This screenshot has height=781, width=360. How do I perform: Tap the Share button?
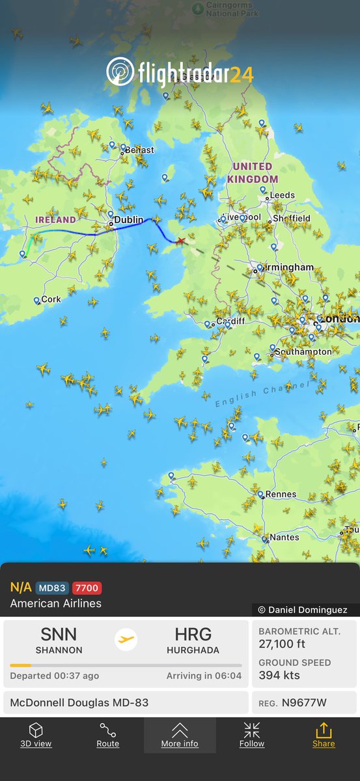(323, 735)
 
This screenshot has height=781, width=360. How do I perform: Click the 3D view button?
(36, 735)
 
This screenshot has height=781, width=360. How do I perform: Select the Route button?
(108, 735)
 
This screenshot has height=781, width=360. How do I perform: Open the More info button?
(180, 735)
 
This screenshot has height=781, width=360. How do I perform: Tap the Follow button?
(251, 735)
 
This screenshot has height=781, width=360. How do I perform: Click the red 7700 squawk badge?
(87, 588)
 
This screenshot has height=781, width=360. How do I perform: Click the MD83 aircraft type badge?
(52, 588)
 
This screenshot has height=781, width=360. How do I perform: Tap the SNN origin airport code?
(59, 634)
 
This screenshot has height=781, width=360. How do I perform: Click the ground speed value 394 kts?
(279, 675)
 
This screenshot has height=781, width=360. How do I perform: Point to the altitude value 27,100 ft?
(287, 644)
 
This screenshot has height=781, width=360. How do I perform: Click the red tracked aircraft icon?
(180, 241)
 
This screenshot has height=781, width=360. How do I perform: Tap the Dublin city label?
(128, 221)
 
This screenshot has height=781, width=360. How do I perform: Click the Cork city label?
(51, 300)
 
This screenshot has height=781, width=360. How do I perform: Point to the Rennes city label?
(281, 494)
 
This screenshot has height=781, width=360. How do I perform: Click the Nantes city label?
(284, 538)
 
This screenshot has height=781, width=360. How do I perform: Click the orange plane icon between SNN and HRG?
(126, 639)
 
